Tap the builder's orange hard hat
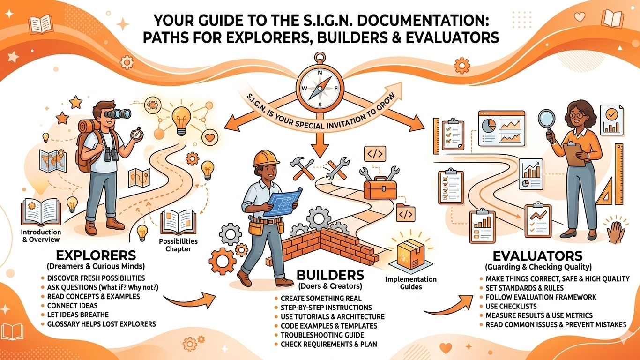click(x=264, y=158)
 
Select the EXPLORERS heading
click(x=96, y=255)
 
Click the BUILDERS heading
click(x=324, y=275)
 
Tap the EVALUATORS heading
click(x=538, y=256)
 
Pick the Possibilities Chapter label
click(x=179, y=245)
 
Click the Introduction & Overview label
click(x=41, y=236)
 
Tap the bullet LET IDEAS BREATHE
click(x=77, y=315)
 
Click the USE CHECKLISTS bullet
click(x=505, y=306)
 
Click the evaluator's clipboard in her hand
click(x=573, y=154)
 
